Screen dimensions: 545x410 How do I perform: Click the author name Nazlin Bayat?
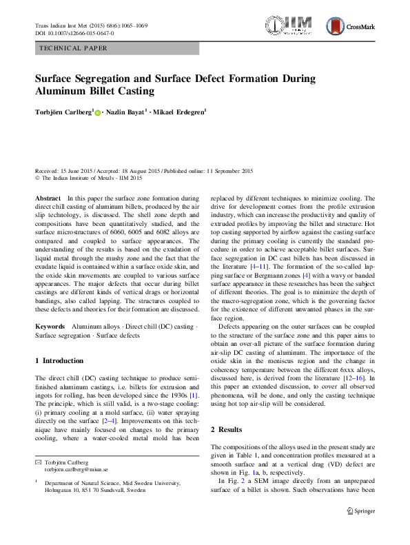[x=127, y=112]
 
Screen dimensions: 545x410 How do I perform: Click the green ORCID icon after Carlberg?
[x=97, y=112]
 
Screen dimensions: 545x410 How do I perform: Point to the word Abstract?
[x=48, y=198]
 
